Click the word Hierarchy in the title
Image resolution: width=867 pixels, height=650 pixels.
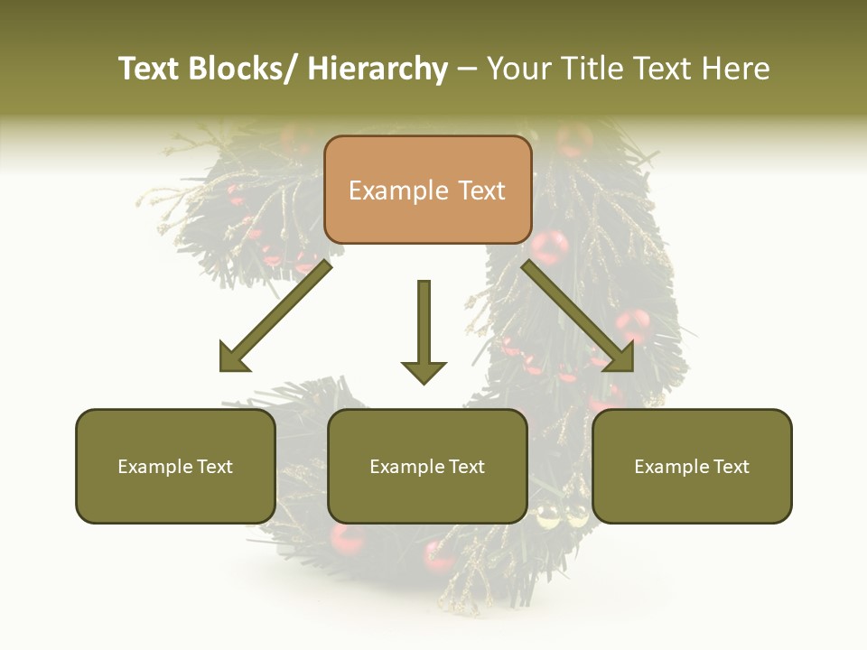point(378,69)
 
